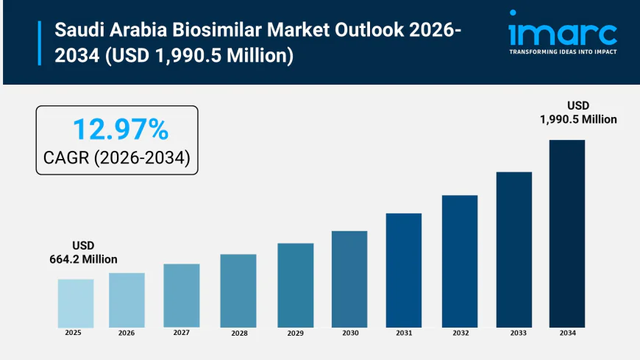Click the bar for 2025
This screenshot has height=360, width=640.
click(x=76, y=303)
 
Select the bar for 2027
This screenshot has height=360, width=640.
click(x=182, y=295)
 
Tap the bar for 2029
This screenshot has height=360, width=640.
click(x=295, y=285)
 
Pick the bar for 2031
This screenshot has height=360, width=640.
click(x=404, y=270)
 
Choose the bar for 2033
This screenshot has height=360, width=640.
click(x=513, y=250)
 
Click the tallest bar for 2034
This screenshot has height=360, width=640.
click(x=567, y=233)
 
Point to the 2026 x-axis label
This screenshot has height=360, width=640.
click(x=127, y=333)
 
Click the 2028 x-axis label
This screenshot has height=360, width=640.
click(x=238, y=333)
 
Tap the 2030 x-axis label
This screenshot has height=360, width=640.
click(x=349, y=333)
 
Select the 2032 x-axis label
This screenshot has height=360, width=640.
click(x=460, y=333)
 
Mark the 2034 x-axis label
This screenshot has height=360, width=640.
click(x=567, y=333)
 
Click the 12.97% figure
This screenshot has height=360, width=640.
click(x=120, y=130)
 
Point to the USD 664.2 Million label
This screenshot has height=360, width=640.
click(x=83, y=252)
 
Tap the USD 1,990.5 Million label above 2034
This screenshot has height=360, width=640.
click(x=577, y=112)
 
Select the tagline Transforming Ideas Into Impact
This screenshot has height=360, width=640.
click(x=563, y=52)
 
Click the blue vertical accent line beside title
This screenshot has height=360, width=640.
click(x=40, y=43)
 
